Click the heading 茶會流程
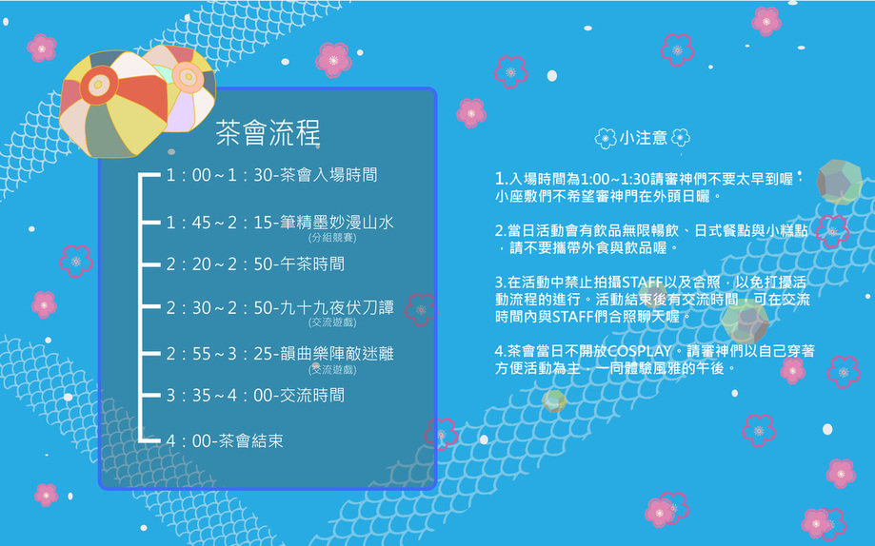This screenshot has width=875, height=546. pos(268,133)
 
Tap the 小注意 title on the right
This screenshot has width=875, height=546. pos(643,138)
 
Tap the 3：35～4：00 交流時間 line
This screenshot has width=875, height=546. pos(255,396)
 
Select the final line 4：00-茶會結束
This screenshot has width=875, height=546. pos(225,441)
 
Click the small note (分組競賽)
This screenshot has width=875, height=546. pos(332,238)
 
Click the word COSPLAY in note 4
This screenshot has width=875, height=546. pos(639,351)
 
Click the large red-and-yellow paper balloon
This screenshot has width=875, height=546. pos(114,105)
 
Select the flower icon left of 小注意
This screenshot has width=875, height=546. pos(606,138)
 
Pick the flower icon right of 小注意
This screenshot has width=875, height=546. pos(681,137)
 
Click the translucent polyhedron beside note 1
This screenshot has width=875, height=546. pos(839,183)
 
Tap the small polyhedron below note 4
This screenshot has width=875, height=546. pos(554,400)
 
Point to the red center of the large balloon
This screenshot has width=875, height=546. pos(99,85)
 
